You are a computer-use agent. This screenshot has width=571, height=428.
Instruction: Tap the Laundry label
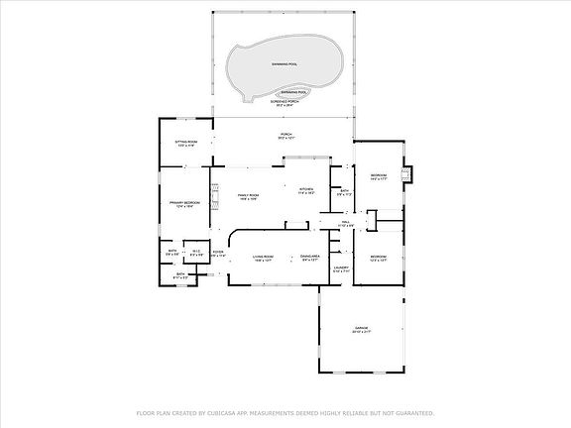click(340, 267)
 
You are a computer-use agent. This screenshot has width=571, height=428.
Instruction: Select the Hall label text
click(346, 223)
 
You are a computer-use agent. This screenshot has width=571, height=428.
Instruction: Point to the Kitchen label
click(306, 189)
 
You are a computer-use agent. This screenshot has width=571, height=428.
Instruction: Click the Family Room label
click(248, 195)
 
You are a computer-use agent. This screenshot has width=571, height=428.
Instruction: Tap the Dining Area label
click(310, 257)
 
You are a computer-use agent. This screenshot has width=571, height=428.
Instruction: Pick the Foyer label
click(217, 252)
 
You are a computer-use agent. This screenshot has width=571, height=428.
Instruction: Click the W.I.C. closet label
click(196, 252)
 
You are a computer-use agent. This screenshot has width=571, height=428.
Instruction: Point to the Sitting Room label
click(186, 142)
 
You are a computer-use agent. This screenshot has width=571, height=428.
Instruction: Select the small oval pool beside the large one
click(293, 91)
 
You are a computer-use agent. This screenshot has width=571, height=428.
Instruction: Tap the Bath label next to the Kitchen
click(344, 191)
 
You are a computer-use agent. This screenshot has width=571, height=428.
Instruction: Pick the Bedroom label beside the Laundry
click(378, 258)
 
